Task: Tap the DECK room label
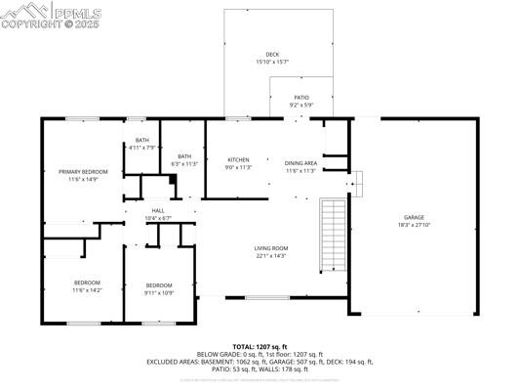pos(272,54)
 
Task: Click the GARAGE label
pos(414,217)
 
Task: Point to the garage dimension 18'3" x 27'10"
pos(414,225)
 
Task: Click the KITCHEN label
pos(239,159)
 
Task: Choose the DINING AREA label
pos(300,163)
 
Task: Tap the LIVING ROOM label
pos(271,248)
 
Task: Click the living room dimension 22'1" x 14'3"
pos(271,256)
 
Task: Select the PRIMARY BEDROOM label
pos(83,172)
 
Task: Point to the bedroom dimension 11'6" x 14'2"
pos(86,290)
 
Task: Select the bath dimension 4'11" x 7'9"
pos(142,148)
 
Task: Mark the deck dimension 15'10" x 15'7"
pos(272,62)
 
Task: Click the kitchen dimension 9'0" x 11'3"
pos(239,167)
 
